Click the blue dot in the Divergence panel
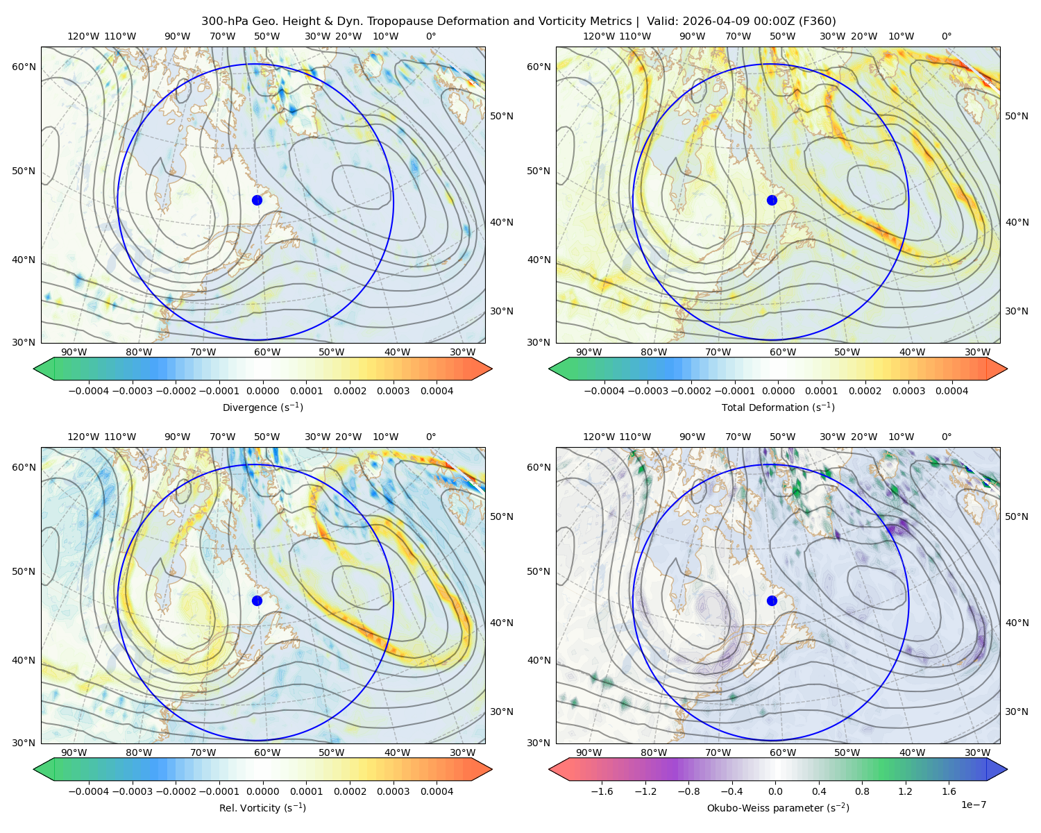257,200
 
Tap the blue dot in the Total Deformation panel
772,200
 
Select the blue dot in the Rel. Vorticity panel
257,600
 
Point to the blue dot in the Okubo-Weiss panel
772,600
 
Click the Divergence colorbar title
262,407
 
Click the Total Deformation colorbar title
778,407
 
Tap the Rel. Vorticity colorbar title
262,807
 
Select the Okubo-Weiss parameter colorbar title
778,807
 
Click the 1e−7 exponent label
973,805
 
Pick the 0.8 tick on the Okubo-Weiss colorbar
862,791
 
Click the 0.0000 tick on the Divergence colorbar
262,391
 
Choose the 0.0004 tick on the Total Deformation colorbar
951,391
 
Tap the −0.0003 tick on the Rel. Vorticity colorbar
132,791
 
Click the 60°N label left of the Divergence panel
24,67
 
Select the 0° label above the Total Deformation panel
946,36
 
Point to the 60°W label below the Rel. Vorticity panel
267,752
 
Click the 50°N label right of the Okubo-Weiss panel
1017,516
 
